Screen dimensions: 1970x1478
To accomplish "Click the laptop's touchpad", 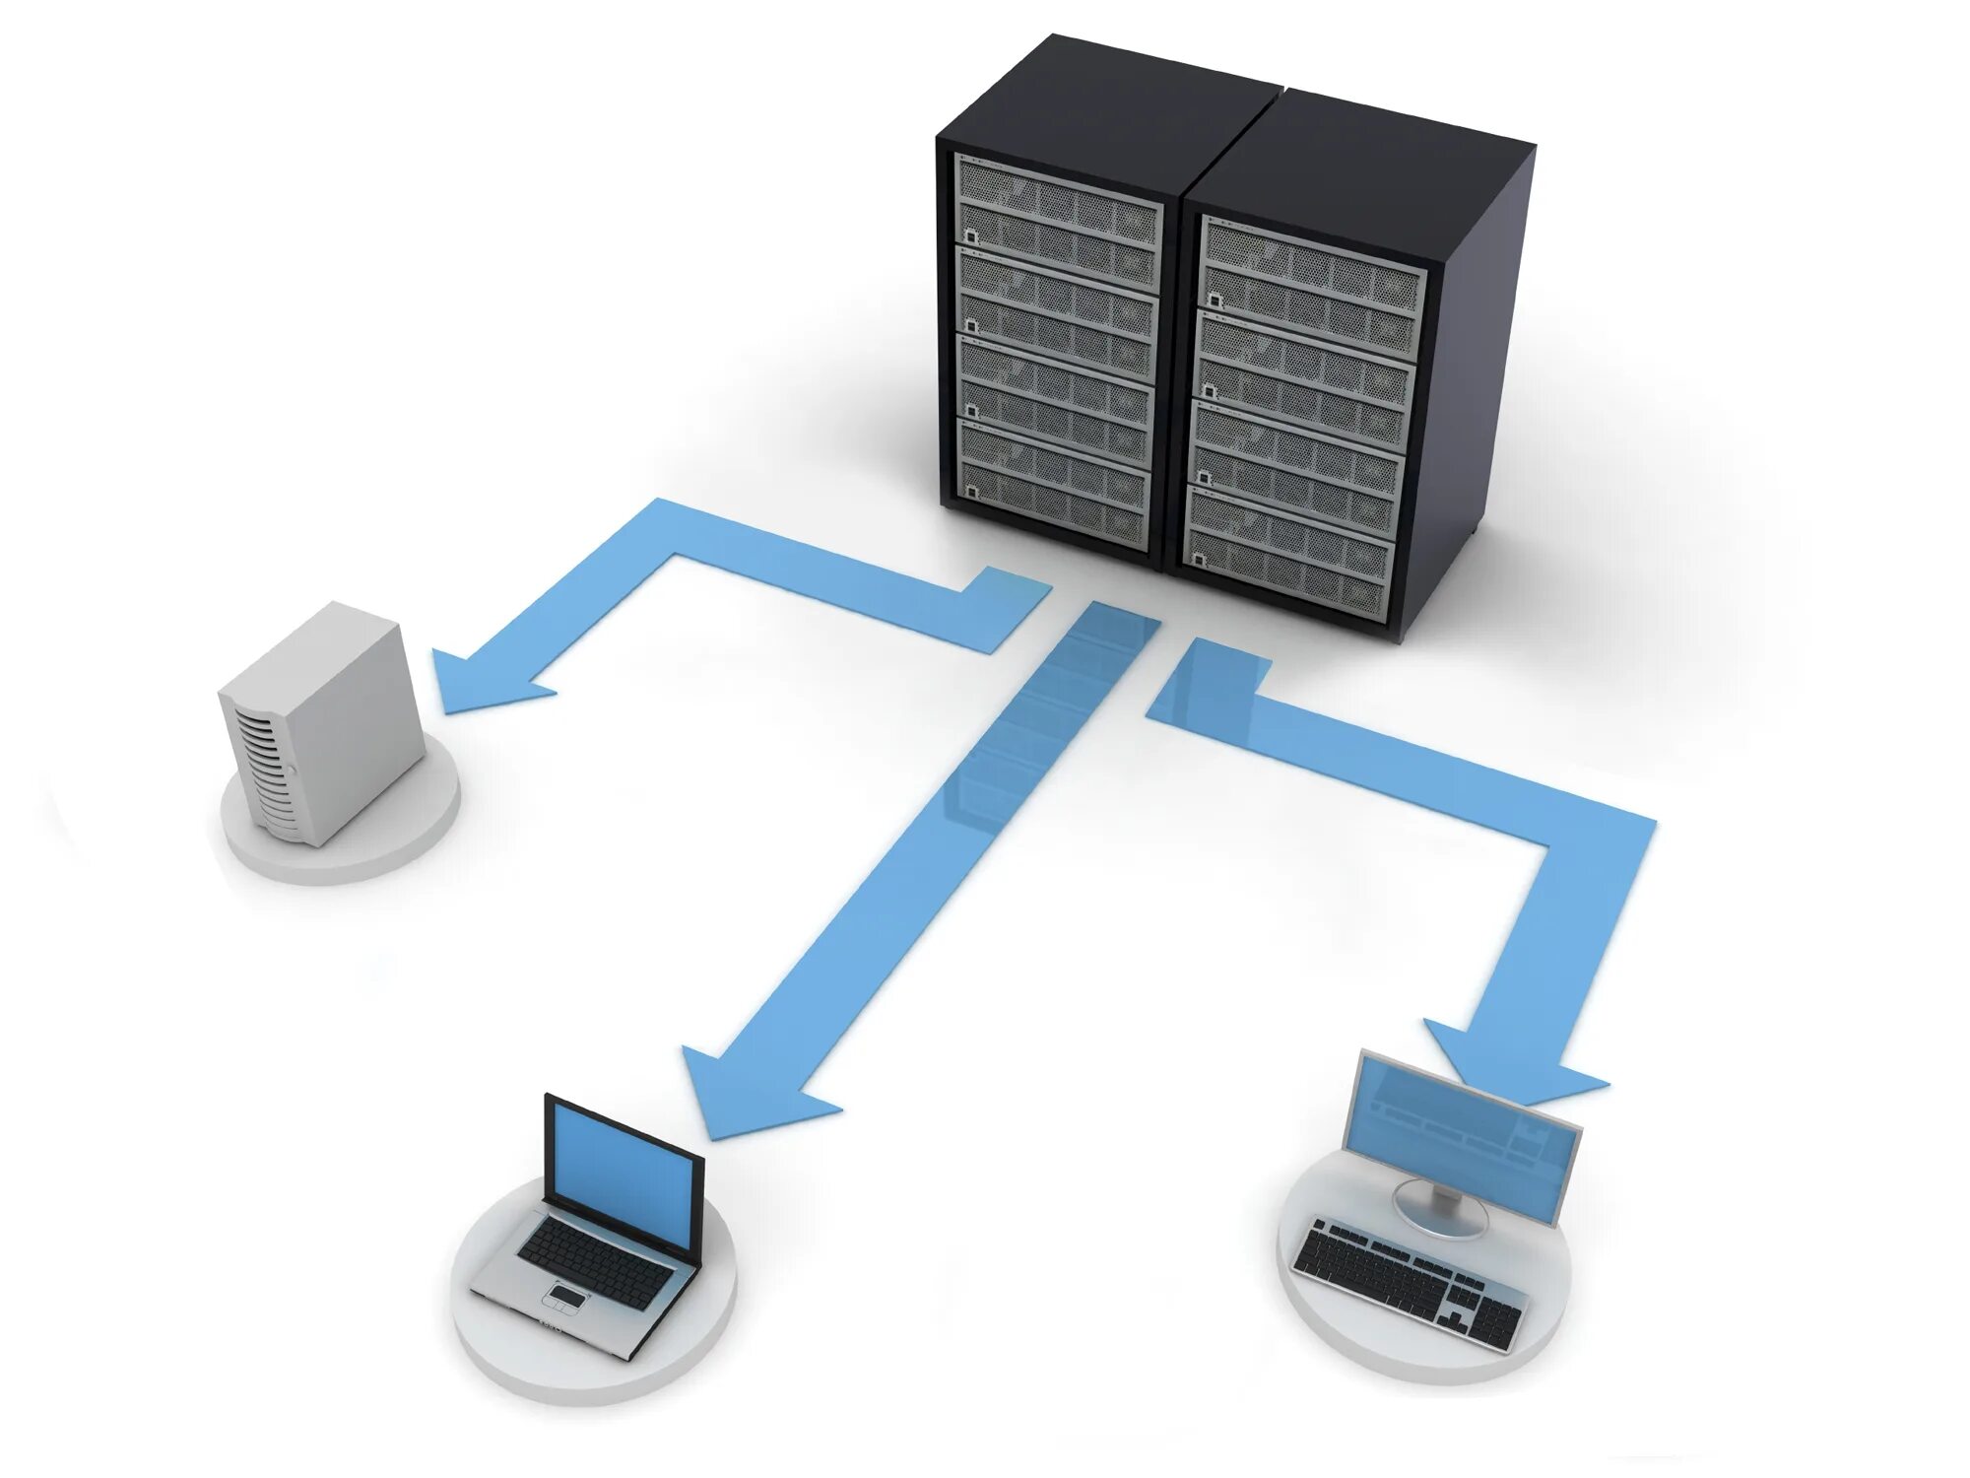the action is coord(565,1295).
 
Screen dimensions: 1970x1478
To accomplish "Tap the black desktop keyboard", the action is coord(1409,1281).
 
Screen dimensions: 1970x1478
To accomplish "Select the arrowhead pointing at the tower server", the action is coord(483,680).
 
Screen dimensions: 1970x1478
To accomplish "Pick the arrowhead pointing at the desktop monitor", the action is coord(1517,1069).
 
